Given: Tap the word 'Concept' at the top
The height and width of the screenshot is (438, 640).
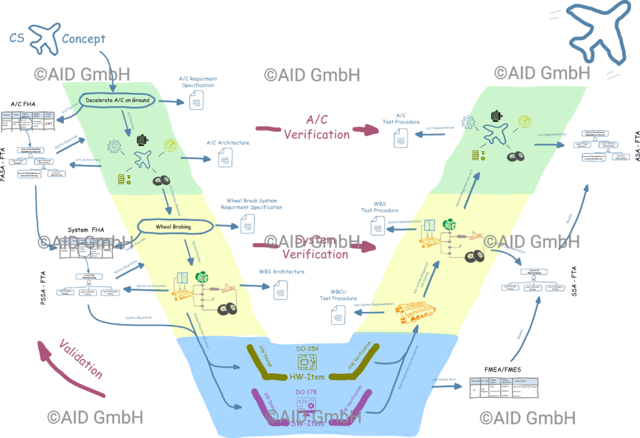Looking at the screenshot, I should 84,39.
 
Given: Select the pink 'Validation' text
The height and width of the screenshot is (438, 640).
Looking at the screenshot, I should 80,358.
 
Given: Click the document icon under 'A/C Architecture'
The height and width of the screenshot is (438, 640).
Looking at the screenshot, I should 224,158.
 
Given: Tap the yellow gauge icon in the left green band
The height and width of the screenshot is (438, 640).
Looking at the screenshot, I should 171,146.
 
